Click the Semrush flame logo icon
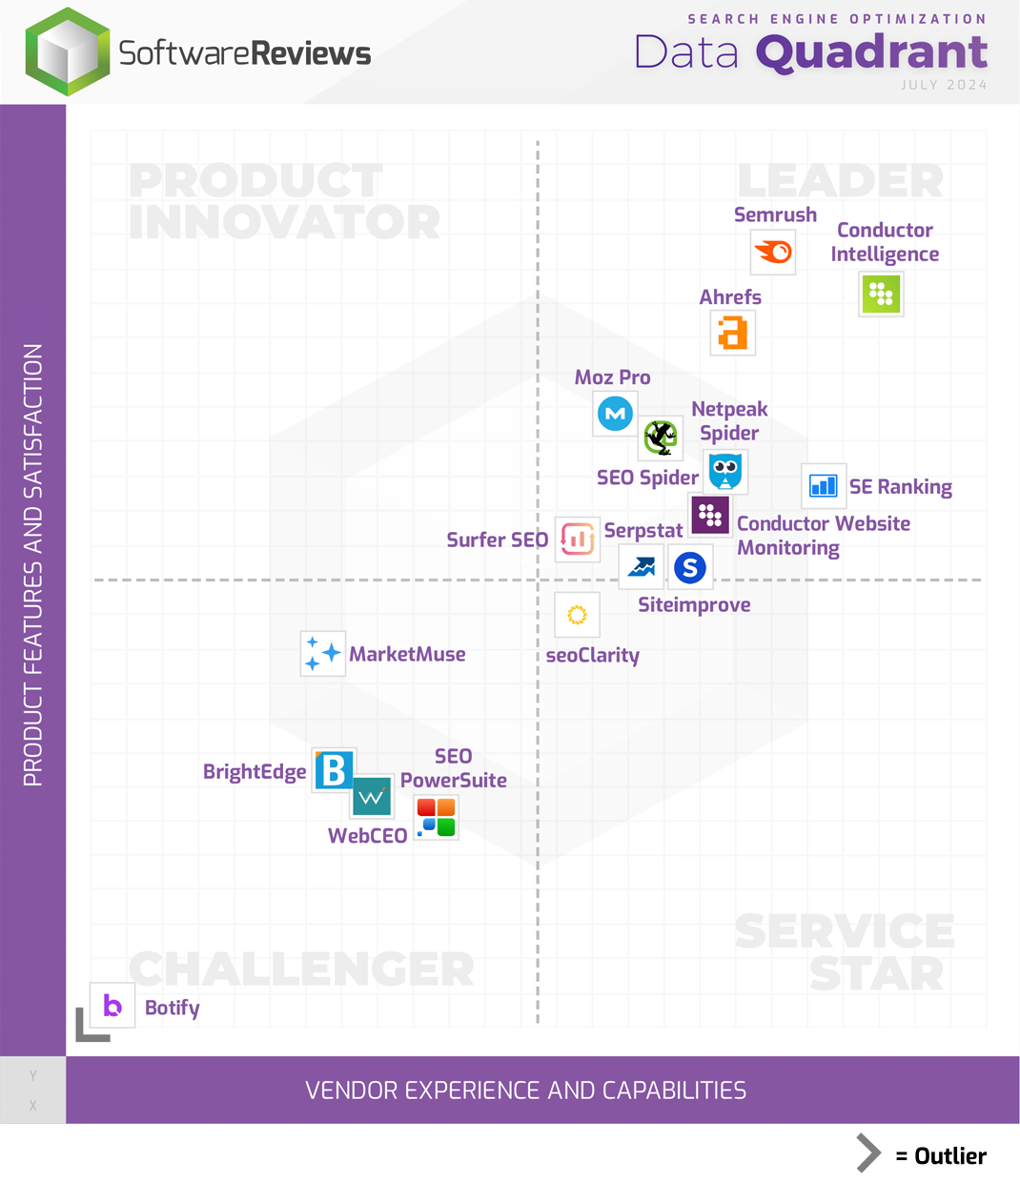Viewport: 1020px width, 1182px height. point(773,252)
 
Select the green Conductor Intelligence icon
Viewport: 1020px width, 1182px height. point(881,294)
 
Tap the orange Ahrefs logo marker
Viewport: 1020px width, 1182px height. point(733,333)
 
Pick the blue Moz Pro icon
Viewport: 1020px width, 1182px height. point(615,414)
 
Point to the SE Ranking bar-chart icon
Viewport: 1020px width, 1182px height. point(823,486)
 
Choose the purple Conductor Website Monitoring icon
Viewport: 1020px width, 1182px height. point(710,516)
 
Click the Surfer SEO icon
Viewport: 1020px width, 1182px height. point(577,540)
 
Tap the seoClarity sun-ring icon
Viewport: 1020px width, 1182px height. point(577,615)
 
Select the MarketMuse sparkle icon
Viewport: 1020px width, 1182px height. point(322,653)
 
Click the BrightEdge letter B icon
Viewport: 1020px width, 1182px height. point(335,770)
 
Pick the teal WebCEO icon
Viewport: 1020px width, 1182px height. point(371,797)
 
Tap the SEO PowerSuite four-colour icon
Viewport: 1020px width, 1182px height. point(437,818)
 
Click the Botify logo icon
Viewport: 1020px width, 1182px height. point(112,1006)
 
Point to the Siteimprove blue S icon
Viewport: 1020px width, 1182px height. point(690,568)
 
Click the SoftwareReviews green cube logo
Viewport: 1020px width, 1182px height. point(68,52)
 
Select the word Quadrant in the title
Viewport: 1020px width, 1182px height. point(871,52)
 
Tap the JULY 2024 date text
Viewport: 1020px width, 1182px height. point(944,85)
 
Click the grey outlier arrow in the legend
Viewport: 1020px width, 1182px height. point(867,1153)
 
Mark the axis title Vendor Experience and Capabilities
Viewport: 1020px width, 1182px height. point(525,1090)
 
